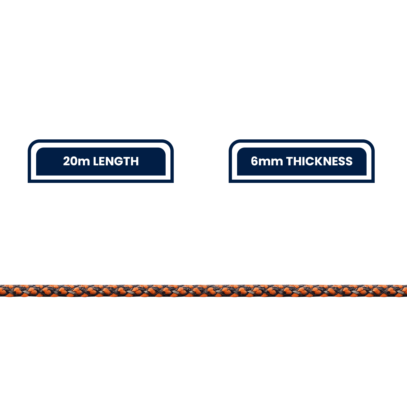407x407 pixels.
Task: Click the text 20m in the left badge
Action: pyautogui.click(x=76, y=161)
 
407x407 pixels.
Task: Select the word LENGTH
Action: pyautogui.click(x=116, y=161)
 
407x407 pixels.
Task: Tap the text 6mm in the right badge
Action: pyautogui.click(x=267, y=161)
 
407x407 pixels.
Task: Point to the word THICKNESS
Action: pyautogui.click(x=319, y=161)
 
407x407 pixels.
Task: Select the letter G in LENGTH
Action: pyautogui.click(x=119, y=161)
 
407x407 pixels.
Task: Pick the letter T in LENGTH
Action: pyautogui.click(x=127, y=161)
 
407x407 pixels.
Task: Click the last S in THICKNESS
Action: pyautogui.click(x=349, y=161)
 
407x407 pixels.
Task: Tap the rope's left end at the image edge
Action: pyautogui.click(x=1, y=291)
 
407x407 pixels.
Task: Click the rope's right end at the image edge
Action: pyautogui.click(x=406, y=291)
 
